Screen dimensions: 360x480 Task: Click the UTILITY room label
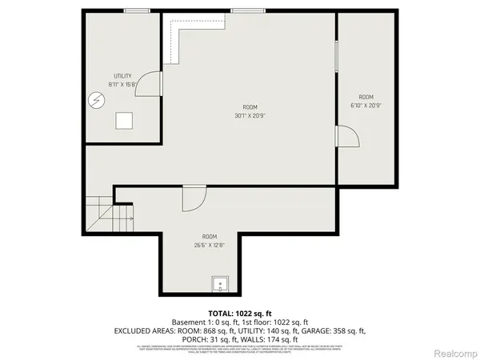click(x=122, y=75)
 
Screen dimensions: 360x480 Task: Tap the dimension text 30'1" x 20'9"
click(x=250, y=115)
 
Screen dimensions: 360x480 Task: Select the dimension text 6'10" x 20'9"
click(x=367, y=105)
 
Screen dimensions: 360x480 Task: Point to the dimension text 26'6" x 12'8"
click(x=209, y=246)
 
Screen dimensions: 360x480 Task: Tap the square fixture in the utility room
click(x=124, y=121)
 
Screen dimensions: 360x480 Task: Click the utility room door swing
click(x=150, y=84)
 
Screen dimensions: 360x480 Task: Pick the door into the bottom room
click(x=193, y=198)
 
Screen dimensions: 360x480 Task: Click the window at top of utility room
click(x=136, y=10)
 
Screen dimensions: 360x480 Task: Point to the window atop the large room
click(x=243, y=10)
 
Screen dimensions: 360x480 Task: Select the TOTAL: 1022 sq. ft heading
click(x=240, y=312)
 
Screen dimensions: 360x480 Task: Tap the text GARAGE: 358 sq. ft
click(x=337, y=330)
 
